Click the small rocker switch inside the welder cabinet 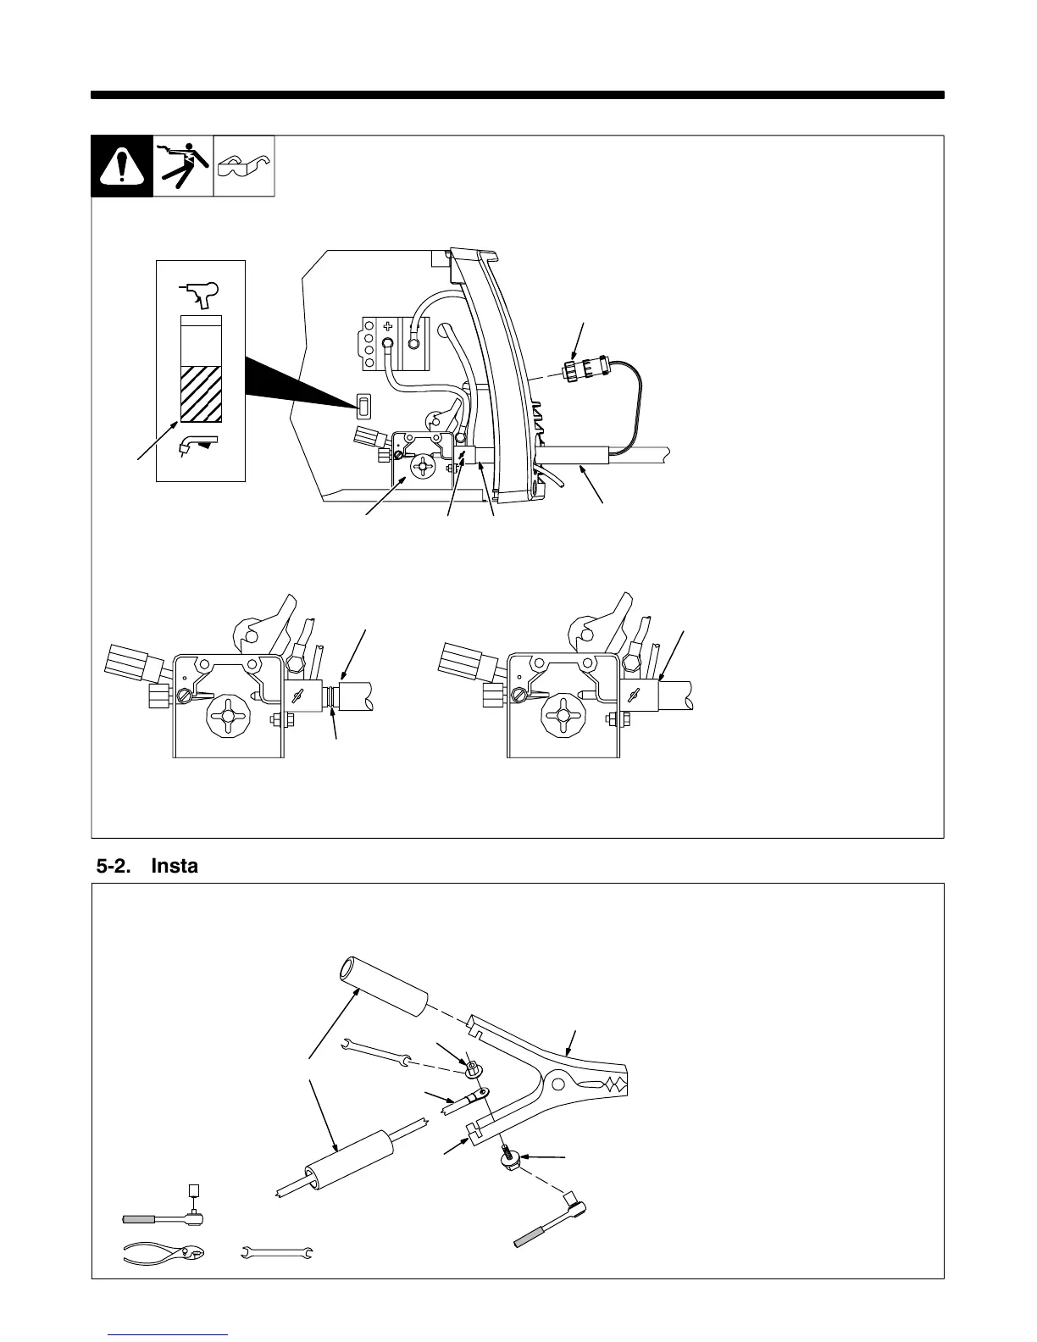(x=363, y=407)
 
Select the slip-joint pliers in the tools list (x=164, y=1252)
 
